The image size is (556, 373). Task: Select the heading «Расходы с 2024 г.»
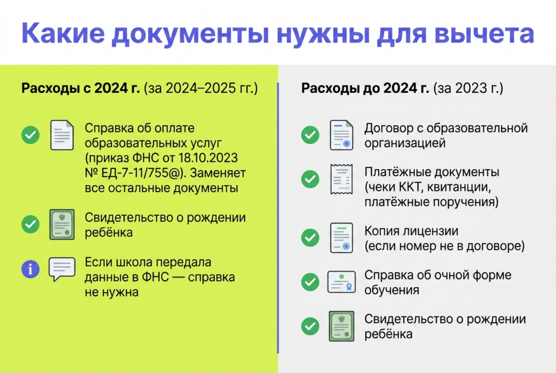coord(80,88)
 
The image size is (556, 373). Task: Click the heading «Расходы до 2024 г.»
coord(365,88)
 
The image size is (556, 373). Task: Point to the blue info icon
coord(30,269)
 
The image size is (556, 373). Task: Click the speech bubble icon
coord(62,269)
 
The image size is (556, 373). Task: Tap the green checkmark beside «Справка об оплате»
coord(30,135)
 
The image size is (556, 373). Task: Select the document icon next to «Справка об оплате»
coord(62,135)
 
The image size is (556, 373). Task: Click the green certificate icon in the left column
coord(62,224)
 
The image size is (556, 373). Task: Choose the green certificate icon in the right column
coord(342,326)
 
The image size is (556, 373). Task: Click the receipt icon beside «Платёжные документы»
coord(342,179)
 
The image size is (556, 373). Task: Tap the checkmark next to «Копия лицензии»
coord(310,238)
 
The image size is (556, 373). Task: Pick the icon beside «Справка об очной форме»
coord(342,282)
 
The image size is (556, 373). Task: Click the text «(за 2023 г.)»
coord(468,88)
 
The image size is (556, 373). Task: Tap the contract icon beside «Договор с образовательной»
coord(342,135)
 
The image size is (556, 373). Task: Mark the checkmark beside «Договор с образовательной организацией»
coord(310,135)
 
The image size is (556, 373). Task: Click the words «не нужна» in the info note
coord(111,292)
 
